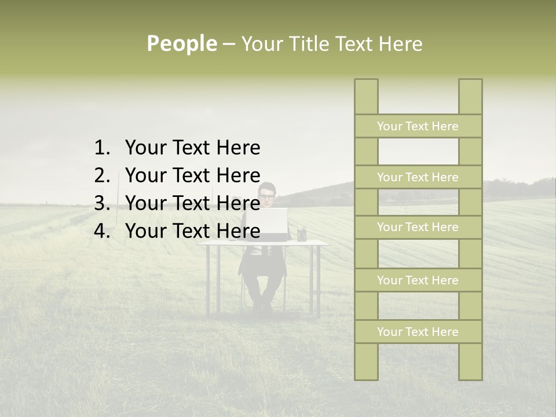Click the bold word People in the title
click(x=182, y=43)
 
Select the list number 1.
click(x=101, y=148)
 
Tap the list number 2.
click(x=101, y=175)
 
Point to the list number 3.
click(x=101, y=203)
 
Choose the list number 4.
click(x=101, y=231)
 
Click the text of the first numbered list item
click(x=192, y=148)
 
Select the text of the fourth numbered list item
click(x=192, y=231)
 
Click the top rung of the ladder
click(x=418, y=126)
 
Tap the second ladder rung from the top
click(x=418, y=177)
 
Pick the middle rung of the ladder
click(x=418, y=227)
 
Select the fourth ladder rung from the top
click(x=418, y=280)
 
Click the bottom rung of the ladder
click(x=418, y=332)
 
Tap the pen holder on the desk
click(x=302, y=234)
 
